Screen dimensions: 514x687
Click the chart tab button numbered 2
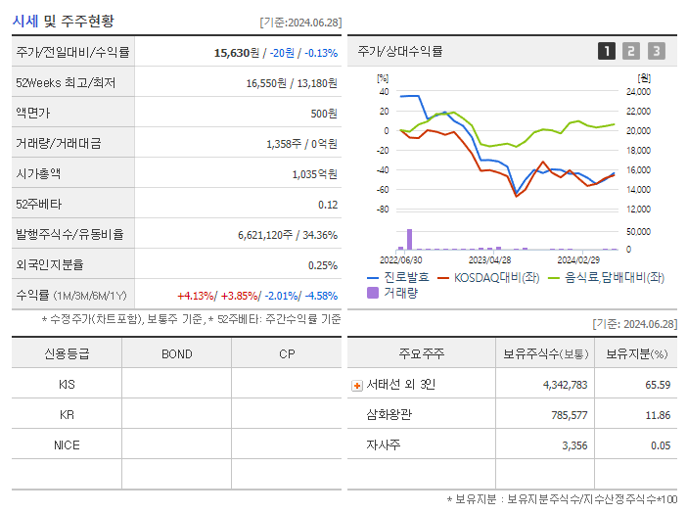[x=631, y=51]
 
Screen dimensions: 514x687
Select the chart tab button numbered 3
[x=656, y=51]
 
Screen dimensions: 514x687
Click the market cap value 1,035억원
[x=314, y=174]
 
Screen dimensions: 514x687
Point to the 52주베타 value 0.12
[x=328, y=205]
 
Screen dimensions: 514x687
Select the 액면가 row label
[x=36, y=114]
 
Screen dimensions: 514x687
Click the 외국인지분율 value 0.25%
[x=323, y=265]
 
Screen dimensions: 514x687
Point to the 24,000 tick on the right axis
[x=637, y=92]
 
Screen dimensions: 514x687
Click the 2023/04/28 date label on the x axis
[x=490, y=260]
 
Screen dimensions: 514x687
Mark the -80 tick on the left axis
[x=383, y=210]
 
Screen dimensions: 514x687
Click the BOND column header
[x=176, y=353]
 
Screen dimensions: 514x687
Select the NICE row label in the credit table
[x=67, y=444]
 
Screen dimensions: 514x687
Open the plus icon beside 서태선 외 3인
[x=356, y=385]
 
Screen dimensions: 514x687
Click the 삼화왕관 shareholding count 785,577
[x=565, y=415]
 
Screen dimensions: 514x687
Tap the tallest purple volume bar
[x=409, y=240]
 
